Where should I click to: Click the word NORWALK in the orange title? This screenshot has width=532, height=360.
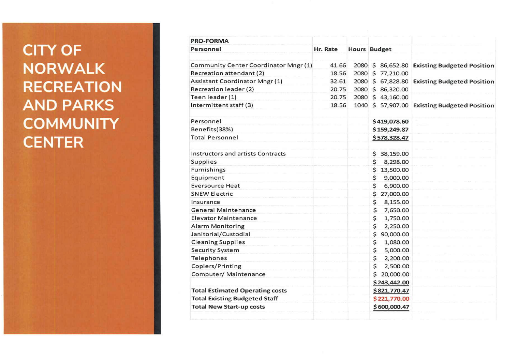click(x=64, y=69)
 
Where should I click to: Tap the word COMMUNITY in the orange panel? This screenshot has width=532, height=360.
click(x=71, y=124)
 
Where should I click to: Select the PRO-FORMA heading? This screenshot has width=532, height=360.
click(x=209, y=41)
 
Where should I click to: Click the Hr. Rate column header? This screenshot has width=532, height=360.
click(x=325, y=49)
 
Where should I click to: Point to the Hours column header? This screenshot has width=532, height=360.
click(x=356, y=49)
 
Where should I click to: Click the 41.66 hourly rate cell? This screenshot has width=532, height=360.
click(x=338, y=65)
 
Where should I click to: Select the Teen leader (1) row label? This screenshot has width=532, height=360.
click(x=213, y=97)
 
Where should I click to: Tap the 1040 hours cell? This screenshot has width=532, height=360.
click(x=360, y=105)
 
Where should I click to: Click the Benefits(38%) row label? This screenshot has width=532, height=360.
click(x=212, y=129)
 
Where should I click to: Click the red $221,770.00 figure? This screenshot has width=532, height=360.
click(x=391, y=299)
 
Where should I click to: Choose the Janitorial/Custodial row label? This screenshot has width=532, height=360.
click(x=220, y=234)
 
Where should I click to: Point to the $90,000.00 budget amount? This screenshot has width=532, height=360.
click(x=391, y=234)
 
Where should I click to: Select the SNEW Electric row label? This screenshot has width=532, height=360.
click(x=212, y=194)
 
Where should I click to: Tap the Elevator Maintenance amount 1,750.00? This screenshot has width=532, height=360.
click(x=396, y=218)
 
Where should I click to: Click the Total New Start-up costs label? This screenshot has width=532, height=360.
click(x=228, y=307)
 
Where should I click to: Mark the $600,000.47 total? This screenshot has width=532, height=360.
click(x=391, y=307)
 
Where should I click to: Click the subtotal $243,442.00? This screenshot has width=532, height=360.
click(x=391, y=283)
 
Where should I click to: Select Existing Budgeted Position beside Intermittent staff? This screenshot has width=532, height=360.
click(x=453, y=106)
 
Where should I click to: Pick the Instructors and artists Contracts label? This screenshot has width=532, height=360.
click(x=238, y=154)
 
